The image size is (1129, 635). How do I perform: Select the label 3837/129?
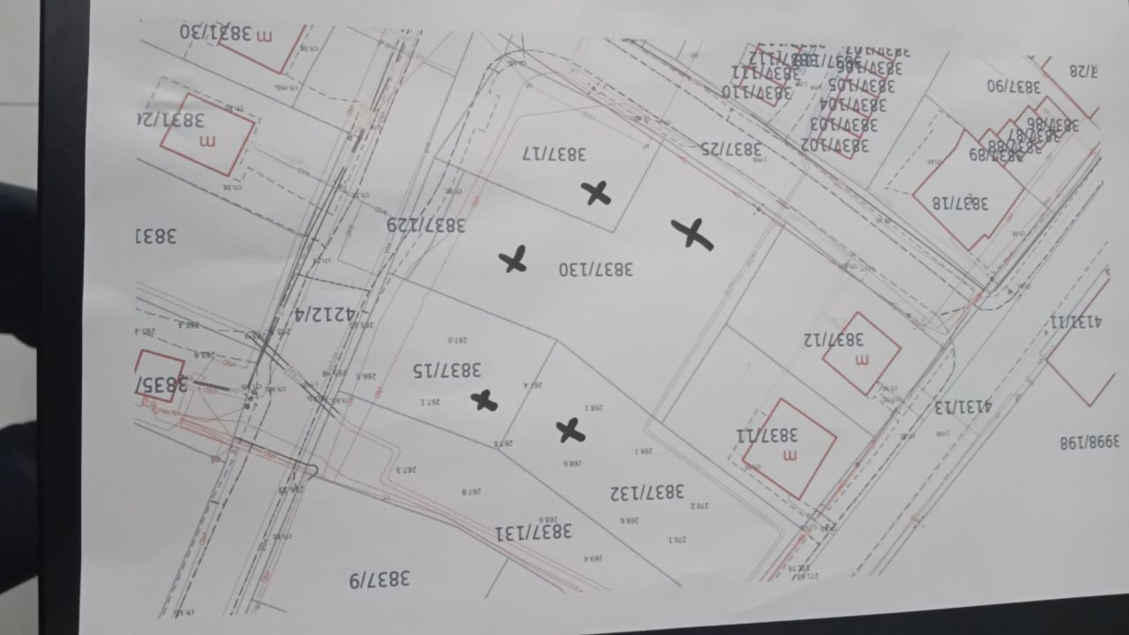427,225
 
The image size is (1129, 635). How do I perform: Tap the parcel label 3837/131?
534,531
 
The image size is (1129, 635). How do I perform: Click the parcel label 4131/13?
963,407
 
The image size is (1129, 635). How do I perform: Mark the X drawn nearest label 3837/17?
598,192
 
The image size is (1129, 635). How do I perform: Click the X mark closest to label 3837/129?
513,259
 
